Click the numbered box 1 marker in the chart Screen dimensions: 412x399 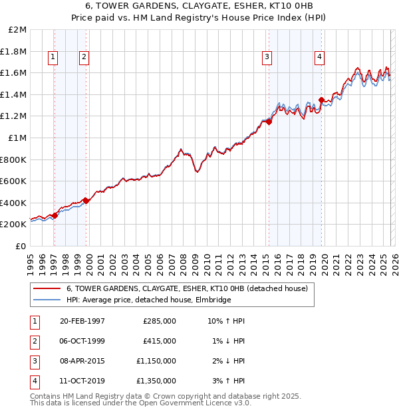coord(53,58)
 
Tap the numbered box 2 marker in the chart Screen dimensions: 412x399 coord(84,58)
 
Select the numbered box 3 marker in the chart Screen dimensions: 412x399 coord(266,58)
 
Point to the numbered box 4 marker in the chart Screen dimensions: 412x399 coord(320,58)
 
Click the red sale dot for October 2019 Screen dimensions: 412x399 coord(321,100)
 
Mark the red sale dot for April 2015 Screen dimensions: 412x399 coord(269,122)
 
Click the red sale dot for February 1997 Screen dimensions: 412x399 coord(55,215)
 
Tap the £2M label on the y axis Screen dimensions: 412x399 coord(18,30)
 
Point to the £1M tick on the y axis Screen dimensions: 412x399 coord(18,138)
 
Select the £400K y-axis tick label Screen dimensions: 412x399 coord(15,203)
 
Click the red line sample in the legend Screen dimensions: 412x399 coord(47,289)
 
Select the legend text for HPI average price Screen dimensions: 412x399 coord(148,300)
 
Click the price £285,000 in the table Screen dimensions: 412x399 coord(160,320)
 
